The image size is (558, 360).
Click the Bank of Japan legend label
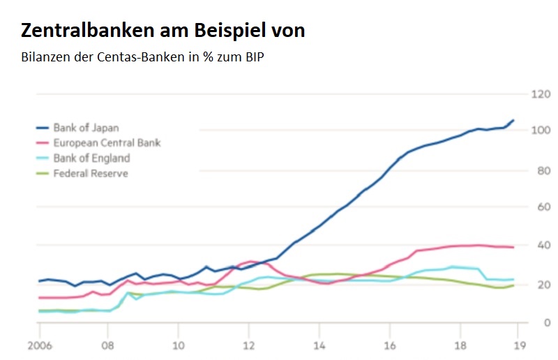pos(86,128)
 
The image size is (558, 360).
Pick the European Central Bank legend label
pos(107,143)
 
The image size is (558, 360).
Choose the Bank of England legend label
pos(91,158)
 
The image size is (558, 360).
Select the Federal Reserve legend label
pos(91,173)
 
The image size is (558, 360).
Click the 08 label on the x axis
pos(107,345)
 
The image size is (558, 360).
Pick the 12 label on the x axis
pos(249,345)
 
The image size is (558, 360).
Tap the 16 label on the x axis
pos(391,345)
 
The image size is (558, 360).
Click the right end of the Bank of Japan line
pos(513,120)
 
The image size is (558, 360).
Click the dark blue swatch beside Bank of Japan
pos(42,128)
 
